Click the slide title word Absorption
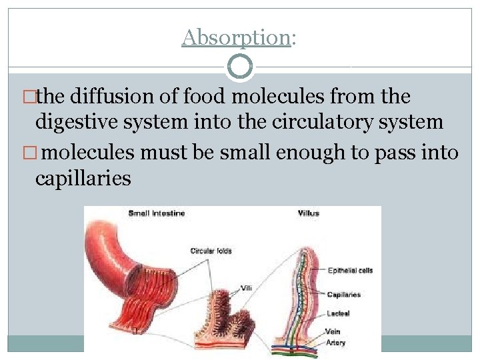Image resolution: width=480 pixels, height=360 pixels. pos(235,38)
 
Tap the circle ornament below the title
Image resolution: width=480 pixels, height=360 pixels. pos(240,67)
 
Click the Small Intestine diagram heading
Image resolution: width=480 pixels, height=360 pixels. pos(157,213)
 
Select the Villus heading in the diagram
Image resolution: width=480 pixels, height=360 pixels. pos(309,213)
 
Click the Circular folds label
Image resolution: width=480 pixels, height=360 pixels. pos(211,251)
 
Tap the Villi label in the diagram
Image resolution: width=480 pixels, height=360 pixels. pos(246,288)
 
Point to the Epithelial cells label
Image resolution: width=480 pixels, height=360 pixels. pos(350,271)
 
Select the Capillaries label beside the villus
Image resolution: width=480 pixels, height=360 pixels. pos(344,294)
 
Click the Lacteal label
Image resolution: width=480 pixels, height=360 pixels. pos(338,312)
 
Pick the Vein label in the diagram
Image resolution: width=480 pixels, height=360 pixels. pos(333,331)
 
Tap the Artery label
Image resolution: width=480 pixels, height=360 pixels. pos(335,343)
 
